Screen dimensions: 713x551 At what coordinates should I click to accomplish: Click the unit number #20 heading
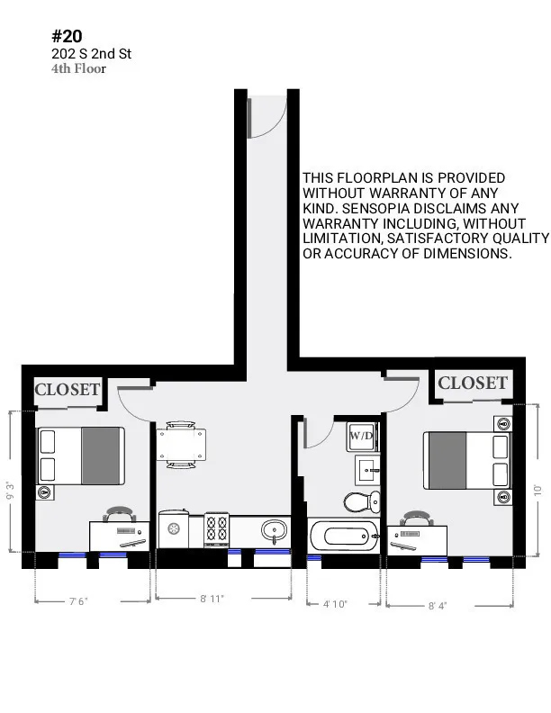click(x=68, y=36)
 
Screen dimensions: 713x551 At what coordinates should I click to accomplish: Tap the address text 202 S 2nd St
click(x=91, y=54)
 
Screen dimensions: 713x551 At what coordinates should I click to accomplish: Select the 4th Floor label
click(x=78, y=68)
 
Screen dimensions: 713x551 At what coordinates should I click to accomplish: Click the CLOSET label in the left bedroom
click(x=67, y=390)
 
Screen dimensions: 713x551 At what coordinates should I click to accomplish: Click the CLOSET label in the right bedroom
click(x=473, y=384)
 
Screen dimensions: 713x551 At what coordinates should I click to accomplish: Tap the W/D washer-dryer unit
click(x=361, y=436)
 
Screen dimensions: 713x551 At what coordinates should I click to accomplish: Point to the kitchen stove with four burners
click(x=218, y=528)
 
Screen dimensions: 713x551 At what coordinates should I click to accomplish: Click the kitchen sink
click(x=273, y=530)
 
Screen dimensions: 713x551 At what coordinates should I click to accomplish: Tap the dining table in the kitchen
click(x=181, y=444)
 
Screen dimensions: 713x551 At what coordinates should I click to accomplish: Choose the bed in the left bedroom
click(x=81, y=455)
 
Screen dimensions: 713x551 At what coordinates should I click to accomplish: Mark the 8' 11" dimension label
click(x=213, y=598)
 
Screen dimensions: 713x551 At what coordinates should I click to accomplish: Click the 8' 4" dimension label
click(x=438, y=605)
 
